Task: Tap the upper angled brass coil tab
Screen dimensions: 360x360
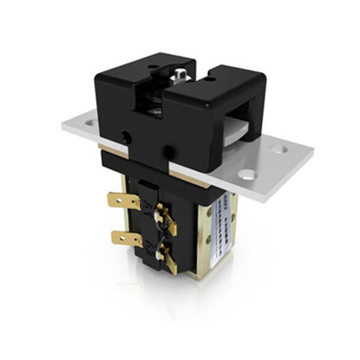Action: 165,217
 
